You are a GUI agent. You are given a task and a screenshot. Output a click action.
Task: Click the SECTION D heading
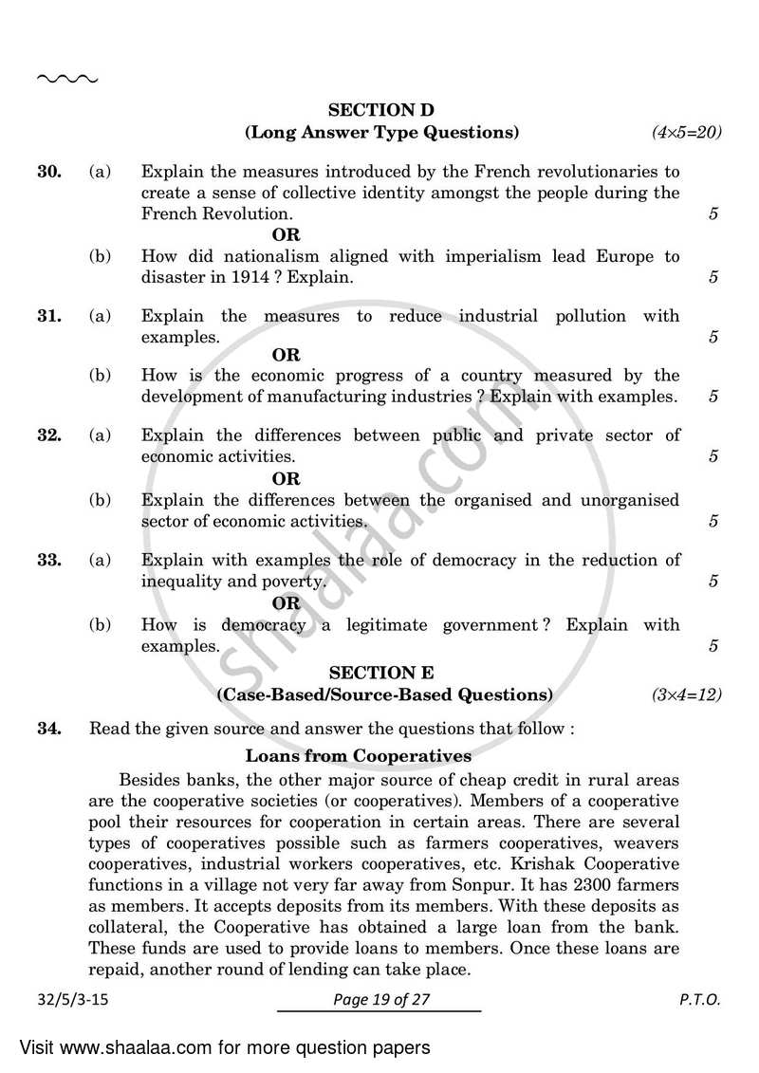click(381, 110)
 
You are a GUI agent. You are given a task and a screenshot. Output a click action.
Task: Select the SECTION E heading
click(381, 673)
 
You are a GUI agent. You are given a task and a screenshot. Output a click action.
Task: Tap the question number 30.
click(49, 172)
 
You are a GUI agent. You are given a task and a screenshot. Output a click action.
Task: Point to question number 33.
click(49, 560)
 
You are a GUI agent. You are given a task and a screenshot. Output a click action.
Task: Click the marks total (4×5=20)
click(686, 133)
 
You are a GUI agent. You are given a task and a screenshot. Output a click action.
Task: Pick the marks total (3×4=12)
click(686, 695)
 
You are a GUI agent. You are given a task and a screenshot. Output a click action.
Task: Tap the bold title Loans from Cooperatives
click(358, 756)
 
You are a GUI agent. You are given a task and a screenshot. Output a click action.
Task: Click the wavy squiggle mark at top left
click(66, 79)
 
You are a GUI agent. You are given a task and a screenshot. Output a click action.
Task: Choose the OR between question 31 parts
click(286, 356)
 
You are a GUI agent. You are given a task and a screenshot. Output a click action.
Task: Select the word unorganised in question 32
click(630, 499)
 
